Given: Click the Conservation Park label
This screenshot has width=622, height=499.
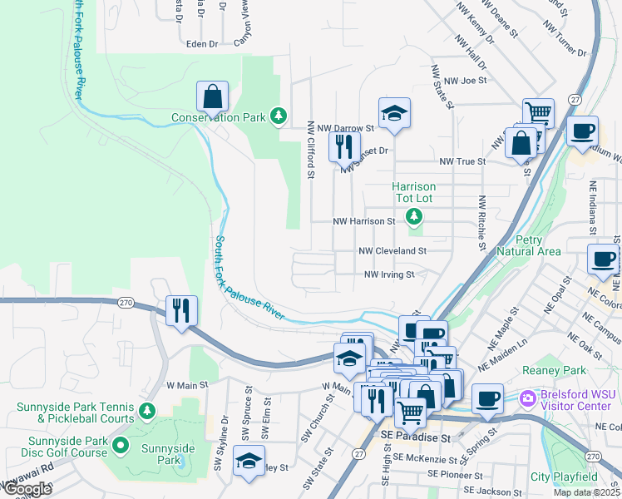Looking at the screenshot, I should coord(219,117).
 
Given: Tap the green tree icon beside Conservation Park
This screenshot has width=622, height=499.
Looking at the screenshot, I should coord(280,116).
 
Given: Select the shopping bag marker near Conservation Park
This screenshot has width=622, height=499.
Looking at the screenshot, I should coord(212,96).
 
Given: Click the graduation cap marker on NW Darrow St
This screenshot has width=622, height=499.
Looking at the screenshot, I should coord(394,113).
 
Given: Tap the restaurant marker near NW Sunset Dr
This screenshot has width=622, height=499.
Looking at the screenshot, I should coord(343,147).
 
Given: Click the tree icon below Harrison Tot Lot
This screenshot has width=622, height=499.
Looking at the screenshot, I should coord(413,217).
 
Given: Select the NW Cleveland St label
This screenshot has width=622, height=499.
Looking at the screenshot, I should coord(392,250).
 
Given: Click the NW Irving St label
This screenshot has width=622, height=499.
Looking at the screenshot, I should coord(388,274).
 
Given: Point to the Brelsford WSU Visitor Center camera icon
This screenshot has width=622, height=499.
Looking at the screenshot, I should coord(527,398).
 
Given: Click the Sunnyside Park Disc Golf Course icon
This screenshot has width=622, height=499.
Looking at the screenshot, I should coord(120,446).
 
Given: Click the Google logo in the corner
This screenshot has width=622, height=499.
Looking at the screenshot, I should coord(27,488).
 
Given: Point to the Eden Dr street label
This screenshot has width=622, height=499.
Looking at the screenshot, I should coord(202,44).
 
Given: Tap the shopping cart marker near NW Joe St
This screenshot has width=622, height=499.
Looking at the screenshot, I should coord(538,113).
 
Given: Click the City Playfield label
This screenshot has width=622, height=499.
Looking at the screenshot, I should coord(564,477).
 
